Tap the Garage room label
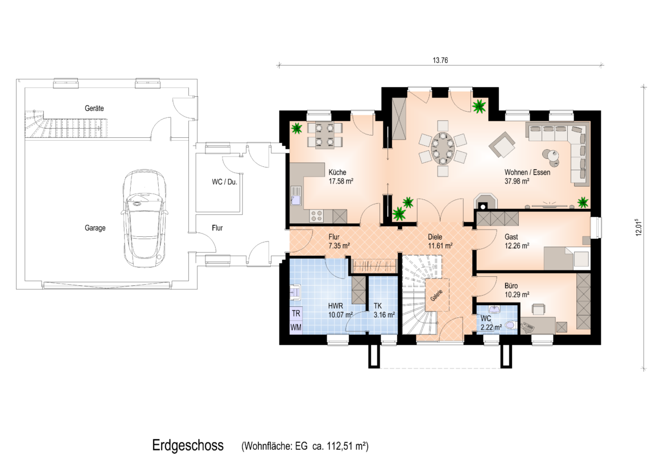pos(95,228)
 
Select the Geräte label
pos(94,108)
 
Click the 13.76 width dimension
pos(440,60)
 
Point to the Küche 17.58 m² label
pos(340,177)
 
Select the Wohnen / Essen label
pos(527,172)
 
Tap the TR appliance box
pos(296,314)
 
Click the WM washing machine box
pos(296,327)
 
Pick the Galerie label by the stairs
pos(436,296)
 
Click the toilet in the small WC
pos(511,325)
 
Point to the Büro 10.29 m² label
pos(517,290)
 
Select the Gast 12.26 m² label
pos(517,241)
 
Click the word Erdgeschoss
pos(188,445)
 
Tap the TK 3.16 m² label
pos(384,310)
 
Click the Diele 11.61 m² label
pos(440,241)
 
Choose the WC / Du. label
pos(224,182)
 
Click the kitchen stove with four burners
pos(316,216)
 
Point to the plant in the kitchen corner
pos(297,128)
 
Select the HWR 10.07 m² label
pos(340,310)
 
